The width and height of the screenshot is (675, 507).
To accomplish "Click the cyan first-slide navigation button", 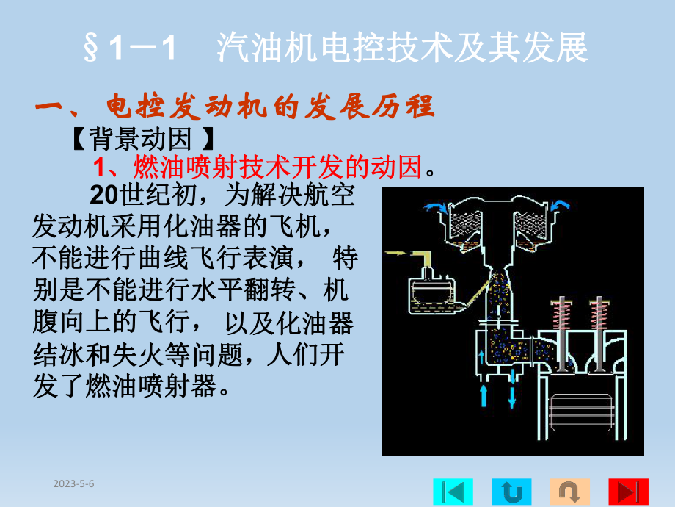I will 453,491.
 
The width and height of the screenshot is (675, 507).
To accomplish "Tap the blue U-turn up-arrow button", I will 511,491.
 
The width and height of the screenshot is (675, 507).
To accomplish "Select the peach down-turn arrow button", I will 569,491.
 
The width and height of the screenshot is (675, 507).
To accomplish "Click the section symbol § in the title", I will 92,50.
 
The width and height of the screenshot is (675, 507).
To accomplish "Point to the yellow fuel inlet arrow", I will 397,253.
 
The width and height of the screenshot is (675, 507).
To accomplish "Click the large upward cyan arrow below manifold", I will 484,395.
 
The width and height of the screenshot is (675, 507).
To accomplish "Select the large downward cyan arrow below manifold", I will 511,395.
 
